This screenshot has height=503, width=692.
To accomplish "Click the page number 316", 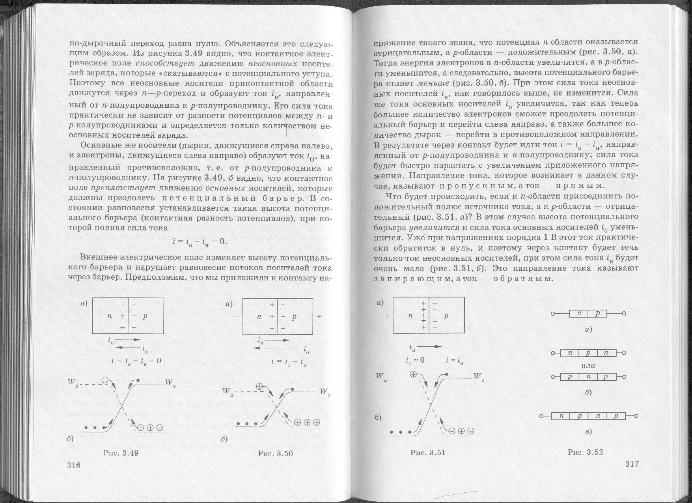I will (74, 465).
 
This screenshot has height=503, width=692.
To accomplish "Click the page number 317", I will (632, 464).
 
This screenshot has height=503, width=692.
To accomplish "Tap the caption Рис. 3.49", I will (121, 453).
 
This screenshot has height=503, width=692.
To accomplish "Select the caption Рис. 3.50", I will (275, 453).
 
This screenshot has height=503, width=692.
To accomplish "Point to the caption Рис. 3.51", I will (428, 453).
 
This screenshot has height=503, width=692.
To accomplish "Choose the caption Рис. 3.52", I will (585, 452).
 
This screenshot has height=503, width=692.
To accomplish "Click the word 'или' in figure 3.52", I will (588, 365).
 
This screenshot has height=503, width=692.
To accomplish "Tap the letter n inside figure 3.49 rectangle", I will (110, 316).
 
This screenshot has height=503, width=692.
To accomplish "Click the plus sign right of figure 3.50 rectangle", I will (319, 316).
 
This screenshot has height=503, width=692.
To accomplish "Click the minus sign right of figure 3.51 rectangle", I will (470, 316).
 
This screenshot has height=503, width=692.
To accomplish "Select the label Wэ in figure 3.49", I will (170, 382).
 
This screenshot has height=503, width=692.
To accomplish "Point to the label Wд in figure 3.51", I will (382, 378).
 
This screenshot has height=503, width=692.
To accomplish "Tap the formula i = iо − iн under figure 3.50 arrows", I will (289, 362).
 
